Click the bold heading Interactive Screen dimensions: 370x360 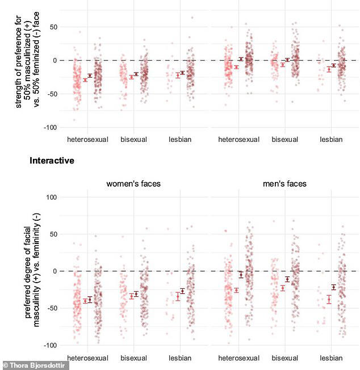[x=52, y=161]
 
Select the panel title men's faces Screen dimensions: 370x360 [x=284, y=184]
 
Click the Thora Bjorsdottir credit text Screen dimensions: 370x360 [x=35, y=365]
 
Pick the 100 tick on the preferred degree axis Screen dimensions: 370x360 [x=53, y=197]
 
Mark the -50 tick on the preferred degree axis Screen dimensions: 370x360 [x=53, y=308]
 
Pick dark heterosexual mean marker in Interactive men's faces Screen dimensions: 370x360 [x=241, y=275]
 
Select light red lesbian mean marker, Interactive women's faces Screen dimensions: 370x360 [x=178, y=295]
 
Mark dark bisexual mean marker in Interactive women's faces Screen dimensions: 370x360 [x=136, y=294]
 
